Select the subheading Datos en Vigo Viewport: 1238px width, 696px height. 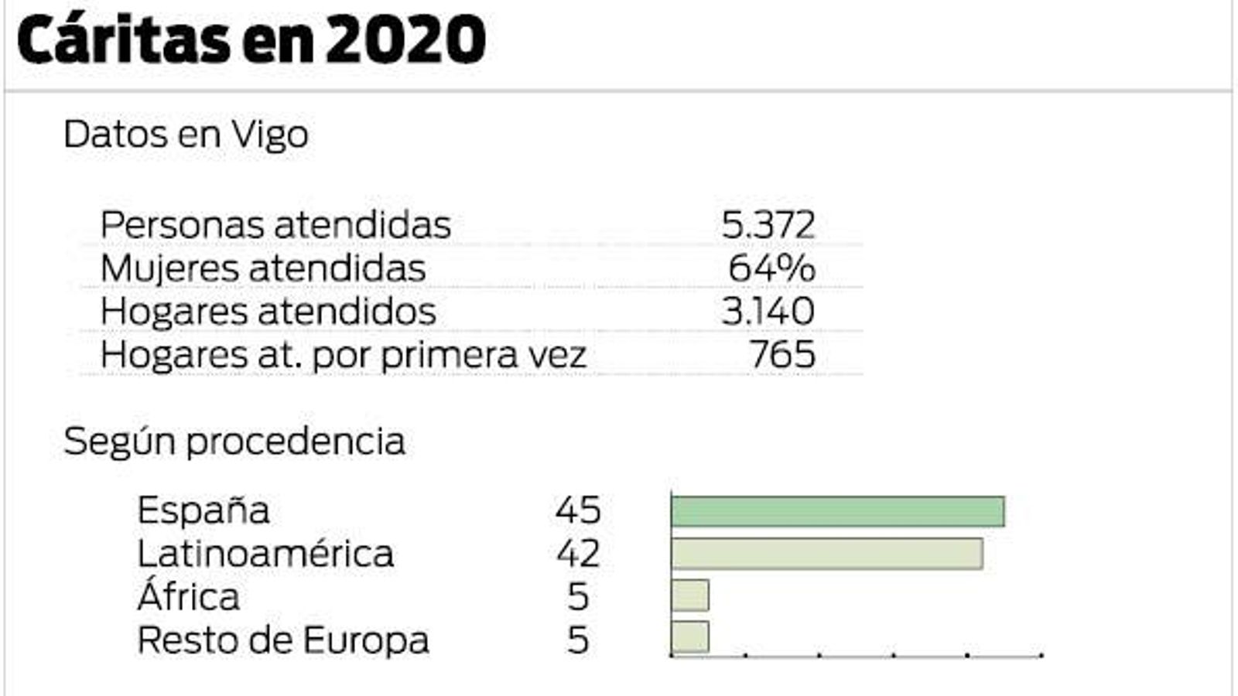[x=186, y=135]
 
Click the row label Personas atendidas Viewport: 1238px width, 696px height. [x=275, y=226]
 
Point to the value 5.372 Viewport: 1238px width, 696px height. [x=768, y=226]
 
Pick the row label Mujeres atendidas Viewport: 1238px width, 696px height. [x=263, y=269]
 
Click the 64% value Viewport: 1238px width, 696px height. [x=771, y=269]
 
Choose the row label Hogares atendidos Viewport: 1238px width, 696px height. [x=268, y=312]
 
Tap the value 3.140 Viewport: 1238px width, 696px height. [x=768, y=312]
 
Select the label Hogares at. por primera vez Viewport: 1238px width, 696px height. [x=343, y=356]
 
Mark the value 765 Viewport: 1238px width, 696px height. [x=782, y=356]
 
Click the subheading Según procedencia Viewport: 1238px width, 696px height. [x=234, y=442]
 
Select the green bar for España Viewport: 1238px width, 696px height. [x=837, y=512]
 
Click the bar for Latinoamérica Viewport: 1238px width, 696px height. [x=826, y=554]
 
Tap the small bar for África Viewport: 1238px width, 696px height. [x=689, y=596]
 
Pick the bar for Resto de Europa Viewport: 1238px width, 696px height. [x=689, y=637]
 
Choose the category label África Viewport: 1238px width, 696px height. [x=188, y=597]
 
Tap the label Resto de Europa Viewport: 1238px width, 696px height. [x=282, y=641]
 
